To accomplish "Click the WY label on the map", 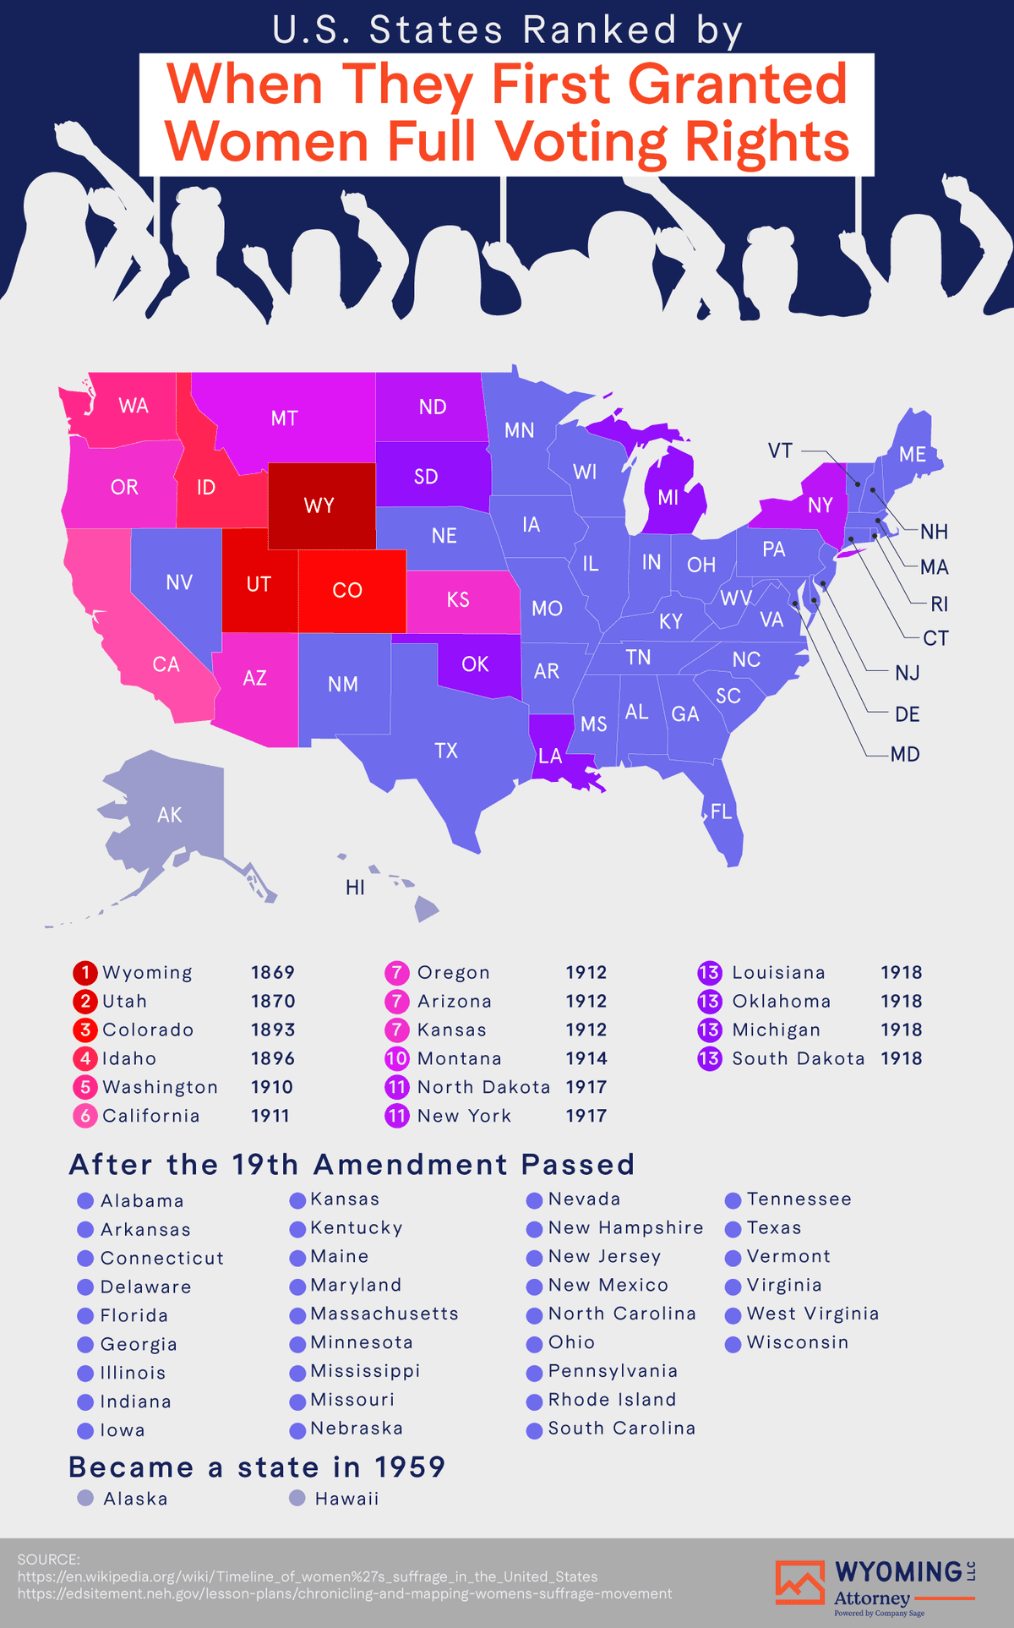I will click(x=319, y=506).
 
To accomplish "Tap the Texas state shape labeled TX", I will click(x=446, y=751).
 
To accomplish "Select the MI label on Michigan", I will click(x=668, y=498).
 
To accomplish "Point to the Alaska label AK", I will click(x=170, y=815).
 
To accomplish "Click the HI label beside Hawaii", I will click(x=356, y=888).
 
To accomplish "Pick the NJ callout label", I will click(x=907, y=673).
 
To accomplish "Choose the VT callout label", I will click(x=780, y=451).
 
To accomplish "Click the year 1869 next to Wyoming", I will click(x=273, y=973).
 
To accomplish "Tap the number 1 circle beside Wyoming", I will click(x=85, y=973).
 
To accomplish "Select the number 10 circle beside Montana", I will click(x=397, y=1059).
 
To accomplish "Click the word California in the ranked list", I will click(x=151, y=1116).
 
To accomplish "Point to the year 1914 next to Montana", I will click(x=586, y=1059).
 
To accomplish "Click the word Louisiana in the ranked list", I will click(x=778, y=973).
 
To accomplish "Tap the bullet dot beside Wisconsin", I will click(x=733, y=1344).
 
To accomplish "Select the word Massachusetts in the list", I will click(x=384, y=1314).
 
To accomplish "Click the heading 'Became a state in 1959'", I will click(x=257, y=1467).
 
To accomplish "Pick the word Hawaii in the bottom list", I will click(x=346, y=1499).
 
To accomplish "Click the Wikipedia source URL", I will click(x=308, y=1576).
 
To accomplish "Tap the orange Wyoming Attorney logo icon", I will click(x=799, y=1582).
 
